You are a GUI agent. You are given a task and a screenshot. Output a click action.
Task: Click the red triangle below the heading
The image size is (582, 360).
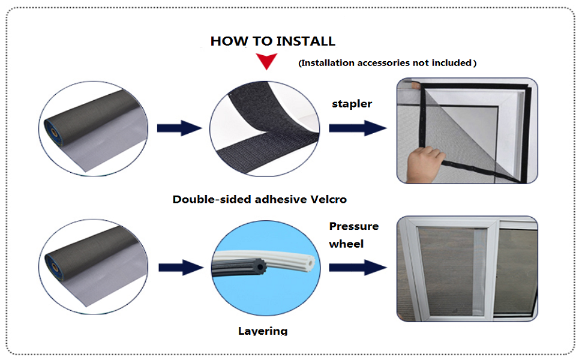[266, 61]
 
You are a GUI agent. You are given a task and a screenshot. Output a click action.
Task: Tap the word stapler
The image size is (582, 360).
[352, 104]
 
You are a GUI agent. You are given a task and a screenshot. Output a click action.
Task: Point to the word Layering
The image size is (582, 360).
[263, 331]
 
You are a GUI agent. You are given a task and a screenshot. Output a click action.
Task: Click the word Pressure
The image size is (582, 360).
[353, 226]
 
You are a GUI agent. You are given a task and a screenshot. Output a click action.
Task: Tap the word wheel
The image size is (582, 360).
[347, 244]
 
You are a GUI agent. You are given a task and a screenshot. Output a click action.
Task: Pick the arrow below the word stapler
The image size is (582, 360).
[356, 128]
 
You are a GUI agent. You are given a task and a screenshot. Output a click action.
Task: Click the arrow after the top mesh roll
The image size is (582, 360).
[179, 127]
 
